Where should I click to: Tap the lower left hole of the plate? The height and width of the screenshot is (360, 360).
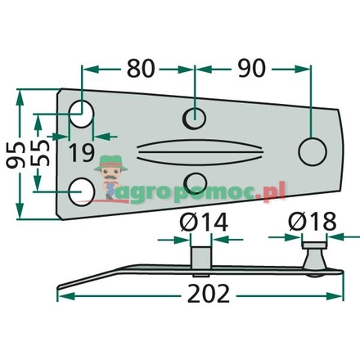pyautogui.click(x=81, y=190)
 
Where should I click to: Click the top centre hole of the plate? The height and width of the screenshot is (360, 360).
pyautogui.click(x=195, y=119)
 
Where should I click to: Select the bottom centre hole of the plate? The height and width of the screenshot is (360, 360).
pyautogui.click(x=195, y=181)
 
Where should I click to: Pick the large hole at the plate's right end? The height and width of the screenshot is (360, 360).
pyautogui.click(x=311, y=151)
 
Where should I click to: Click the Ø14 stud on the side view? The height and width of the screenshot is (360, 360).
pyautogui.click(x=198, y=255)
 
